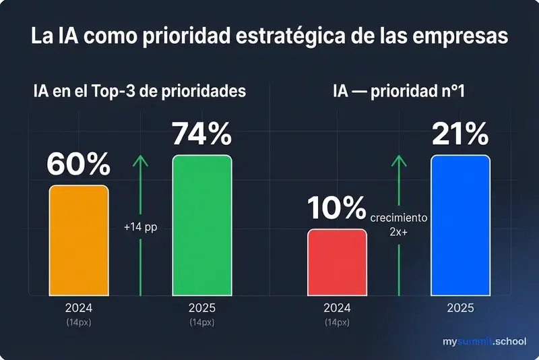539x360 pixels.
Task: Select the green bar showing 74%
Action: point(201,225)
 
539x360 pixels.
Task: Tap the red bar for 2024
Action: point(337,262)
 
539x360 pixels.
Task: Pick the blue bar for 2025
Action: point(460,225)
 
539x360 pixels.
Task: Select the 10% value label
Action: point(337,210)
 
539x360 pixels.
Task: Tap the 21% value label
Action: point(460,135)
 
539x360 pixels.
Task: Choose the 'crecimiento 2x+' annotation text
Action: point(399,224)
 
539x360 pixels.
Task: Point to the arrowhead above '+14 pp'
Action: point(140,160)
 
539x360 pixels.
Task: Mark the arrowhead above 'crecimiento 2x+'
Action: point(399,160)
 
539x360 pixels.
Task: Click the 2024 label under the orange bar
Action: point(78,308)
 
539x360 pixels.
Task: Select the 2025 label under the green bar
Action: point(201,308)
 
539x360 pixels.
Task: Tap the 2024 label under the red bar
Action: point(337,308)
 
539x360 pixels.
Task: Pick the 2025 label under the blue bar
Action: point(460,308)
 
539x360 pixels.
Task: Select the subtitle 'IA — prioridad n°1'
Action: point(399,91)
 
